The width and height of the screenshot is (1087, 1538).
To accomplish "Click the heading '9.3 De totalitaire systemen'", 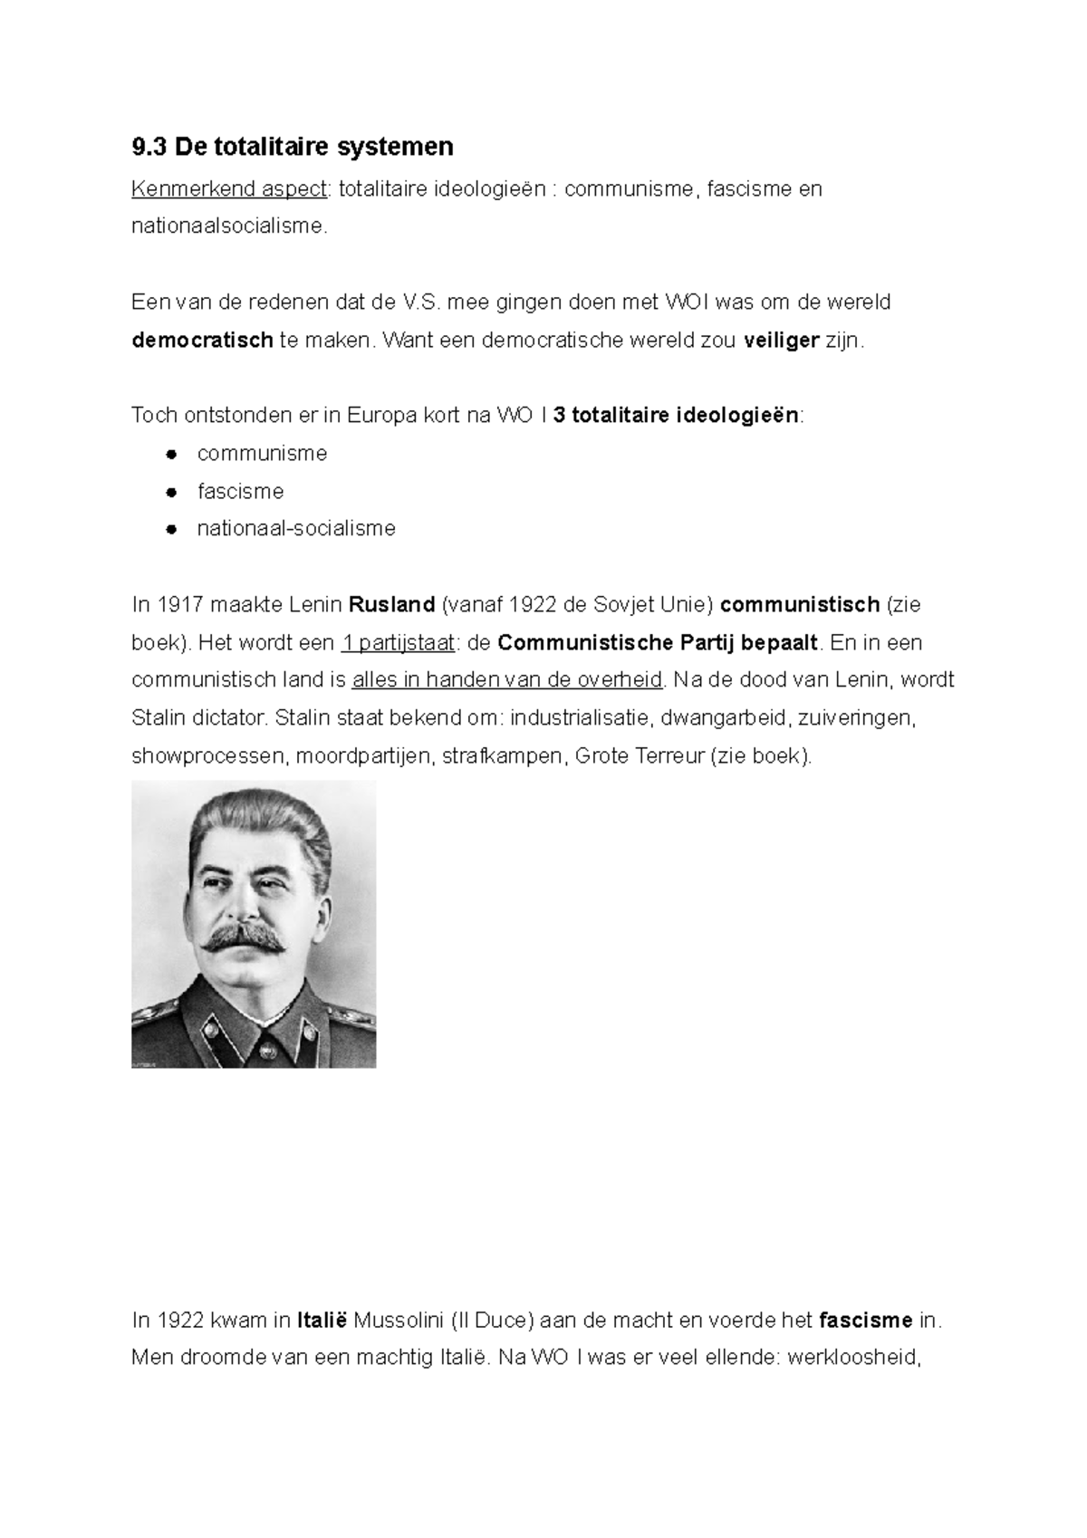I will [x=292, y=146].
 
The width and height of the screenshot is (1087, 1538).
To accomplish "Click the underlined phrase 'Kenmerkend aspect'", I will [x=228, y=189].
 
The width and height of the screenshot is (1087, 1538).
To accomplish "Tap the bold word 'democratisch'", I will [x=202, y=341].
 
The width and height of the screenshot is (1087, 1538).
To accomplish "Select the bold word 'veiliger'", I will [x=781, y=341].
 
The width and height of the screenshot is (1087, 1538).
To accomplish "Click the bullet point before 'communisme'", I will [x=169, y=454].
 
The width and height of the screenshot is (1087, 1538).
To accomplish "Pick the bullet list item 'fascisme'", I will [x=240, y=492].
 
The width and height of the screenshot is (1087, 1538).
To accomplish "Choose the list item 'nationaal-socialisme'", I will [x=296, y=529].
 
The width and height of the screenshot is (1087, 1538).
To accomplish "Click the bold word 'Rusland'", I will [x=391, y=604].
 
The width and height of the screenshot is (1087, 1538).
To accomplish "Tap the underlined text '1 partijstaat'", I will [x=397, y=643].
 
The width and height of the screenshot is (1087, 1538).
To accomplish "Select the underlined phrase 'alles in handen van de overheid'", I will [x=507, y=680].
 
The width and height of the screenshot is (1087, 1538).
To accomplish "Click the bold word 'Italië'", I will [x=322, y=1321].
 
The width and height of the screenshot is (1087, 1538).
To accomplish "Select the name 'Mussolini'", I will [x=398, y=1321].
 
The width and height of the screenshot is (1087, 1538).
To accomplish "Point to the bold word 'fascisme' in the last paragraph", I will [x=865, y=1321].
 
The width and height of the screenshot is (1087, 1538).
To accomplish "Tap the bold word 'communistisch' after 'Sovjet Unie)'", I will [x=799, y=604].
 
